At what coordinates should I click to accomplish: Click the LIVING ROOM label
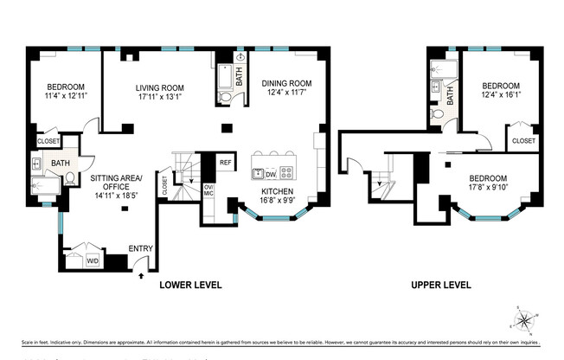click(x=160, y=87)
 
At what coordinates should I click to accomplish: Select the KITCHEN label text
click(x=278, y=191)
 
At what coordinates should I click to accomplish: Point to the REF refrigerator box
click(x=225, y=162)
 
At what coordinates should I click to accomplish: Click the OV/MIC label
click(x=208, y=190)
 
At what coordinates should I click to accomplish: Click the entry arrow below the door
click(x=141, y=276)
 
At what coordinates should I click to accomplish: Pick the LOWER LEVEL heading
click(x=190, y=285)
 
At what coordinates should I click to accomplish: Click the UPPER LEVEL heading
click(x=439, y=285)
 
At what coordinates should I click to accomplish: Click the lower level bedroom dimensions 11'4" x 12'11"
click(x=66, y=97)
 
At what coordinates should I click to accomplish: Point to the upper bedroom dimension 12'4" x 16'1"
click(x=501, y=96)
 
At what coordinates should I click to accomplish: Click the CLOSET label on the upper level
click(x=523, y=140)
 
